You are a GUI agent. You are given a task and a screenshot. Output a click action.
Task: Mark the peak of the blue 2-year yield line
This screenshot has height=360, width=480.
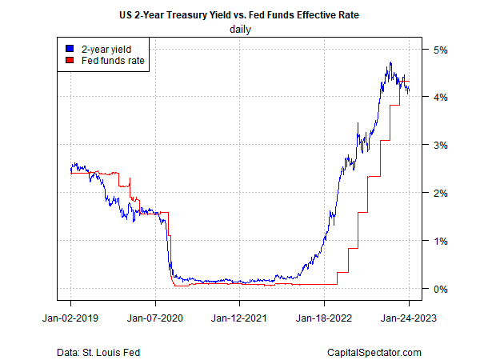(390, 62)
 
